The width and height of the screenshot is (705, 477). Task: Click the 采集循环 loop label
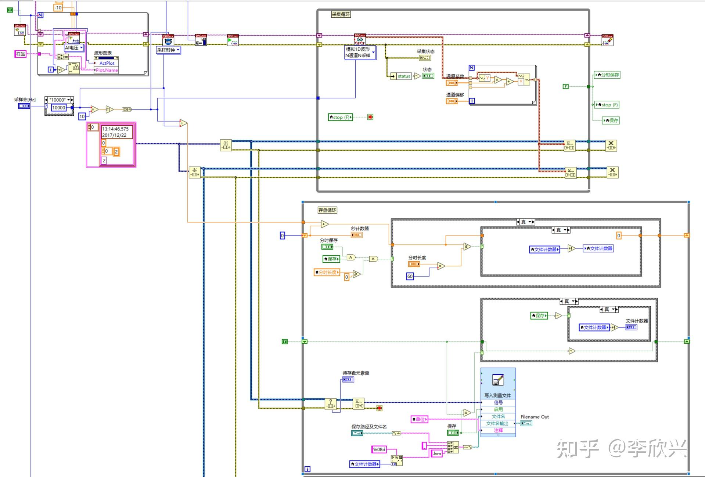341,14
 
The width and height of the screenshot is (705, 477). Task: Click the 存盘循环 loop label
327,210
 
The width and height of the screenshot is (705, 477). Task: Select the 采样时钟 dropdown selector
168,50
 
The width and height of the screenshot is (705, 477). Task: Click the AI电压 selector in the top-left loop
74,48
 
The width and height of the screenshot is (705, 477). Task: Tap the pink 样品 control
21,54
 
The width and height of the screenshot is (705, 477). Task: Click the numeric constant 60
410,276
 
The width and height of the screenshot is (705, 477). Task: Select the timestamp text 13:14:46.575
115,129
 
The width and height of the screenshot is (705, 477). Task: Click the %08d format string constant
379,449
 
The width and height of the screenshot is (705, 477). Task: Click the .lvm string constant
437,453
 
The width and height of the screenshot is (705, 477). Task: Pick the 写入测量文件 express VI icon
498,380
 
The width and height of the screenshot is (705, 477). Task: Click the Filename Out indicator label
535,417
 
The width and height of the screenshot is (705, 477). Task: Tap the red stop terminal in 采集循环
370,117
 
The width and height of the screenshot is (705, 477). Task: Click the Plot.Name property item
107,70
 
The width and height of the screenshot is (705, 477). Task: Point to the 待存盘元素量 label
356,373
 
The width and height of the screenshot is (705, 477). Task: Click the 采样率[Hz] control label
25,100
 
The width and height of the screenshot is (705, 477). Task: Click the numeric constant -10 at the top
58,7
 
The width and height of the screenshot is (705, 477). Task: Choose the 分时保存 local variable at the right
607,75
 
